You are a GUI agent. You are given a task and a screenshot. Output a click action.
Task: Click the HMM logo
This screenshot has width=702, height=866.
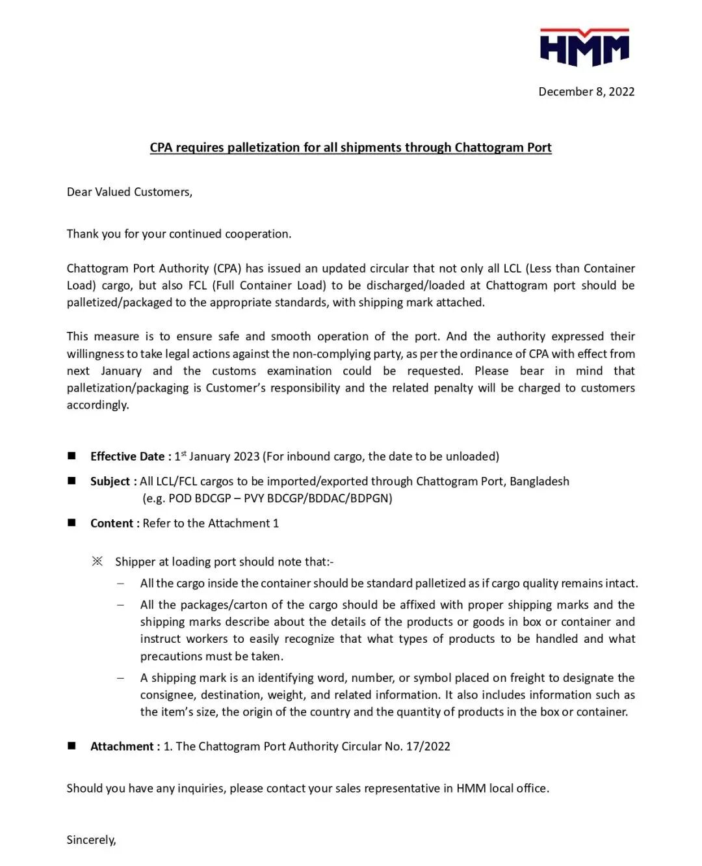584,47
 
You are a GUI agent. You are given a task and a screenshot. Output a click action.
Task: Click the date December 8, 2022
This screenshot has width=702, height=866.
586,92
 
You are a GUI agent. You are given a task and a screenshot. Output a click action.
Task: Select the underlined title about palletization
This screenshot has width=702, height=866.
350,148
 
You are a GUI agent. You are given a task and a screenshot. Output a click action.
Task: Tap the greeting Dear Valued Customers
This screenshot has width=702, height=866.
129,192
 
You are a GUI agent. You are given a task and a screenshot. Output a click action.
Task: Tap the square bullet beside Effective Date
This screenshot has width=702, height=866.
71,456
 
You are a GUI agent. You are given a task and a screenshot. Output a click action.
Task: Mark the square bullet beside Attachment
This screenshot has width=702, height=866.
71,746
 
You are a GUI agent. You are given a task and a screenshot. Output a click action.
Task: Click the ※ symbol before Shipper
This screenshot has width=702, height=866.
97,561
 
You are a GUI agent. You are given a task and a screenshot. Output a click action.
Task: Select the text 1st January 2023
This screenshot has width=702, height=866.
217,457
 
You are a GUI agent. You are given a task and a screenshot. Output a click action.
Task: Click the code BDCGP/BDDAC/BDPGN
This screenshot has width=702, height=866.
330,498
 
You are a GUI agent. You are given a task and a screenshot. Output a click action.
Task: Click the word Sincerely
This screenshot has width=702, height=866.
91,840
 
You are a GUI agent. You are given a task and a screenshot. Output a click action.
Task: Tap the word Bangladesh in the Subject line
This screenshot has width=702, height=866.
539,481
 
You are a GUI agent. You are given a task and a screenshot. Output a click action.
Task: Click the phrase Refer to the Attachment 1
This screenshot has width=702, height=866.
211,523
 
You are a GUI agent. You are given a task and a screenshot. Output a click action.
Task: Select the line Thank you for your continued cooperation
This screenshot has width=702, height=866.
179,234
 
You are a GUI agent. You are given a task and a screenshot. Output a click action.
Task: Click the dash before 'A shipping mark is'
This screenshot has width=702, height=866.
120,678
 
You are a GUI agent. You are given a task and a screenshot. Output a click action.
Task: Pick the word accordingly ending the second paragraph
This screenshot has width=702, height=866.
97,405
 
